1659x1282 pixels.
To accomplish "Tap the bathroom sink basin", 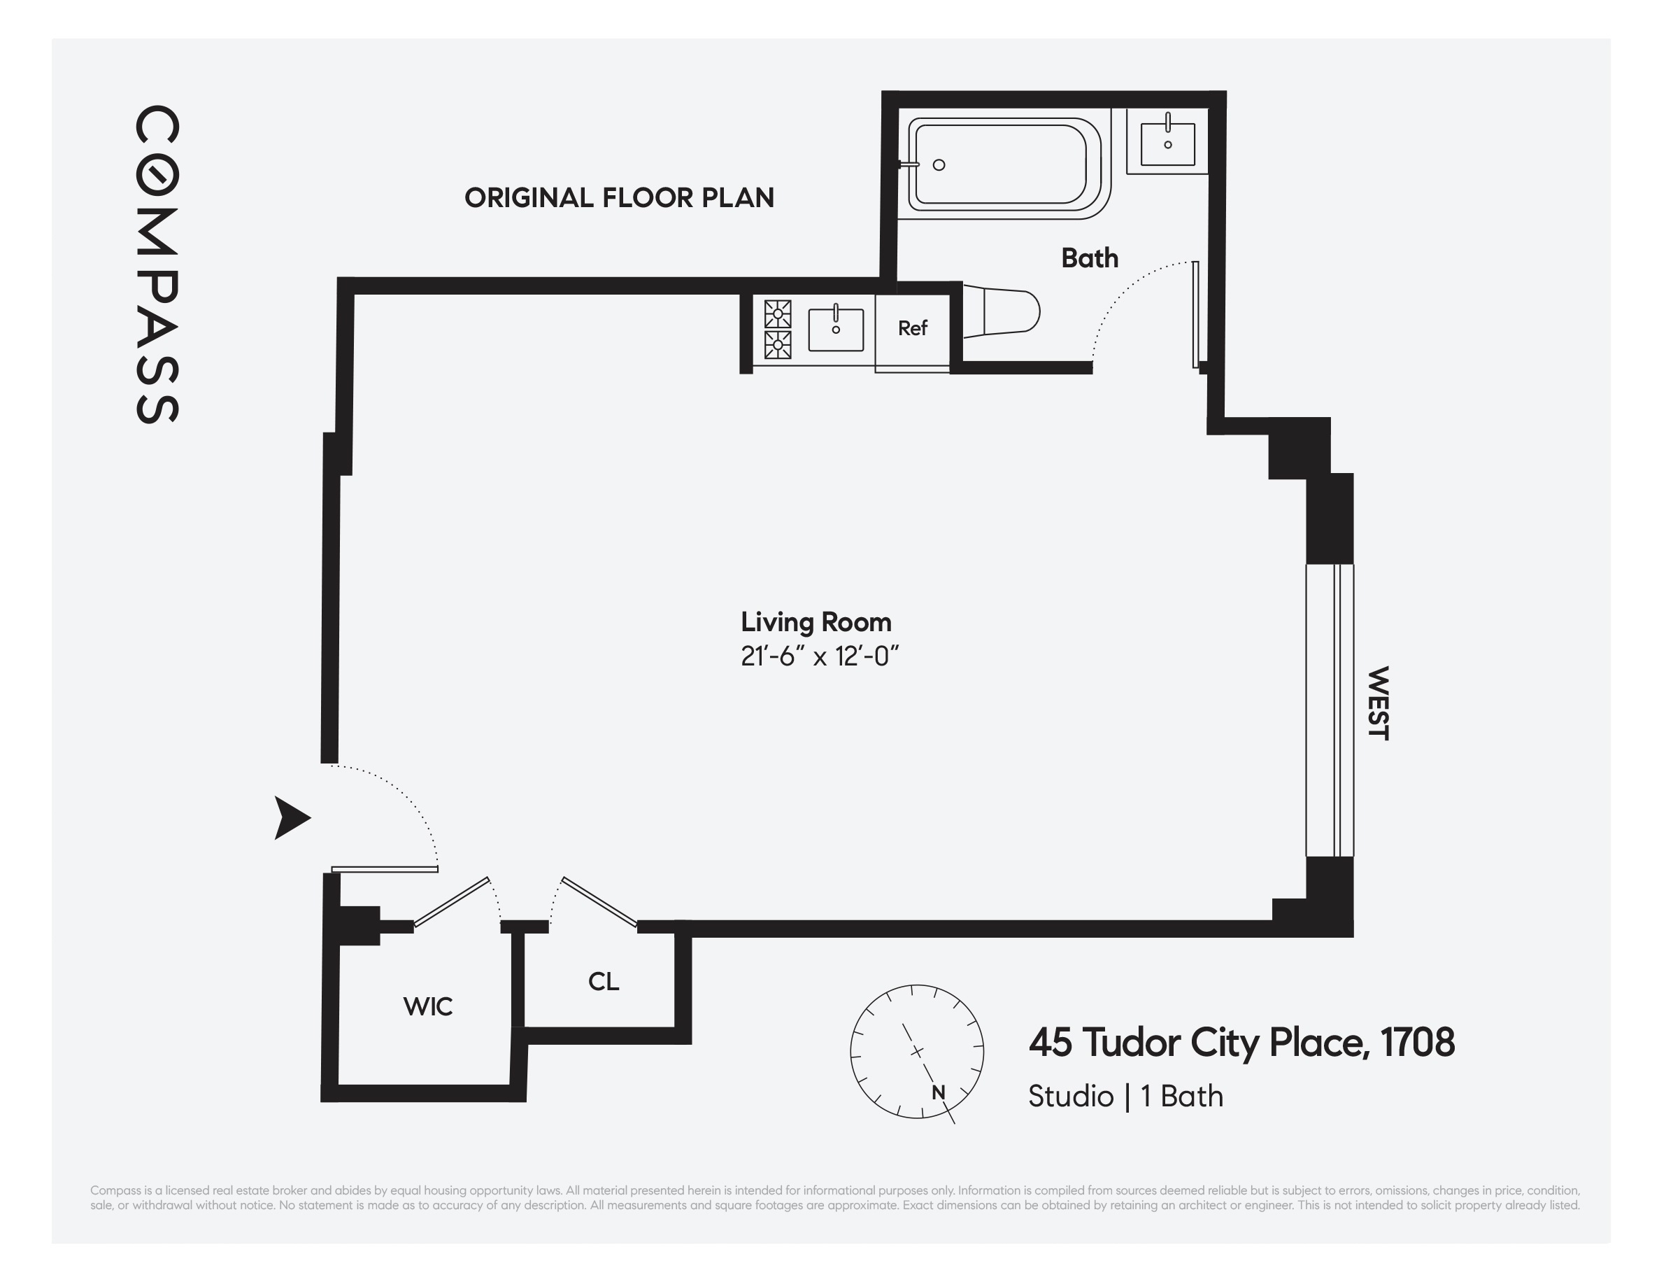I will [x=1167, y=143].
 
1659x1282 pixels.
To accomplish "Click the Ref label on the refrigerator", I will [x=912, y=328].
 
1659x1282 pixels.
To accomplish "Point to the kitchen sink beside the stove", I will [x=836, y=330].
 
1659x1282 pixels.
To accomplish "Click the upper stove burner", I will [x=778, y=314].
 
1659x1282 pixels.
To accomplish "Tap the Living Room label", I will [x=816, y=622].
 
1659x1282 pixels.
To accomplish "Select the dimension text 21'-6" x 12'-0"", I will [x=819, y=656].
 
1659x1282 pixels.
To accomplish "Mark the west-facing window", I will [x=1330, y=710].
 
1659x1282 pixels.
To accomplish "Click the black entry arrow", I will [x=291, y=817].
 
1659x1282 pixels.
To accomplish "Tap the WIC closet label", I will [x=427, y=1006].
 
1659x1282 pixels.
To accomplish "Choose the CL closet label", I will [x=603, y=981].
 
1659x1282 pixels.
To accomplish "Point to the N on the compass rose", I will [x=938, y=1093].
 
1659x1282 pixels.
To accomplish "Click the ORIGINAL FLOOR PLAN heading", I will [x=619, y=197].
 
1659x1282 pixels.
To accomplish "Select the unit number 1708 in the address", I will [x=1417, y=1042].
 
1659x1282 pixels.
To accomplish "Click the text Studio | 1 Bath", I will [x=1125, y=1096].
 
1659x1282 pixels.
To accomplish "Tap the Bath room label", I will [x=1089, y=258].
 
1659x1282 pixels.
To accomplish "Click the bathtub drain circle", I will [x=939, y=165].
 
